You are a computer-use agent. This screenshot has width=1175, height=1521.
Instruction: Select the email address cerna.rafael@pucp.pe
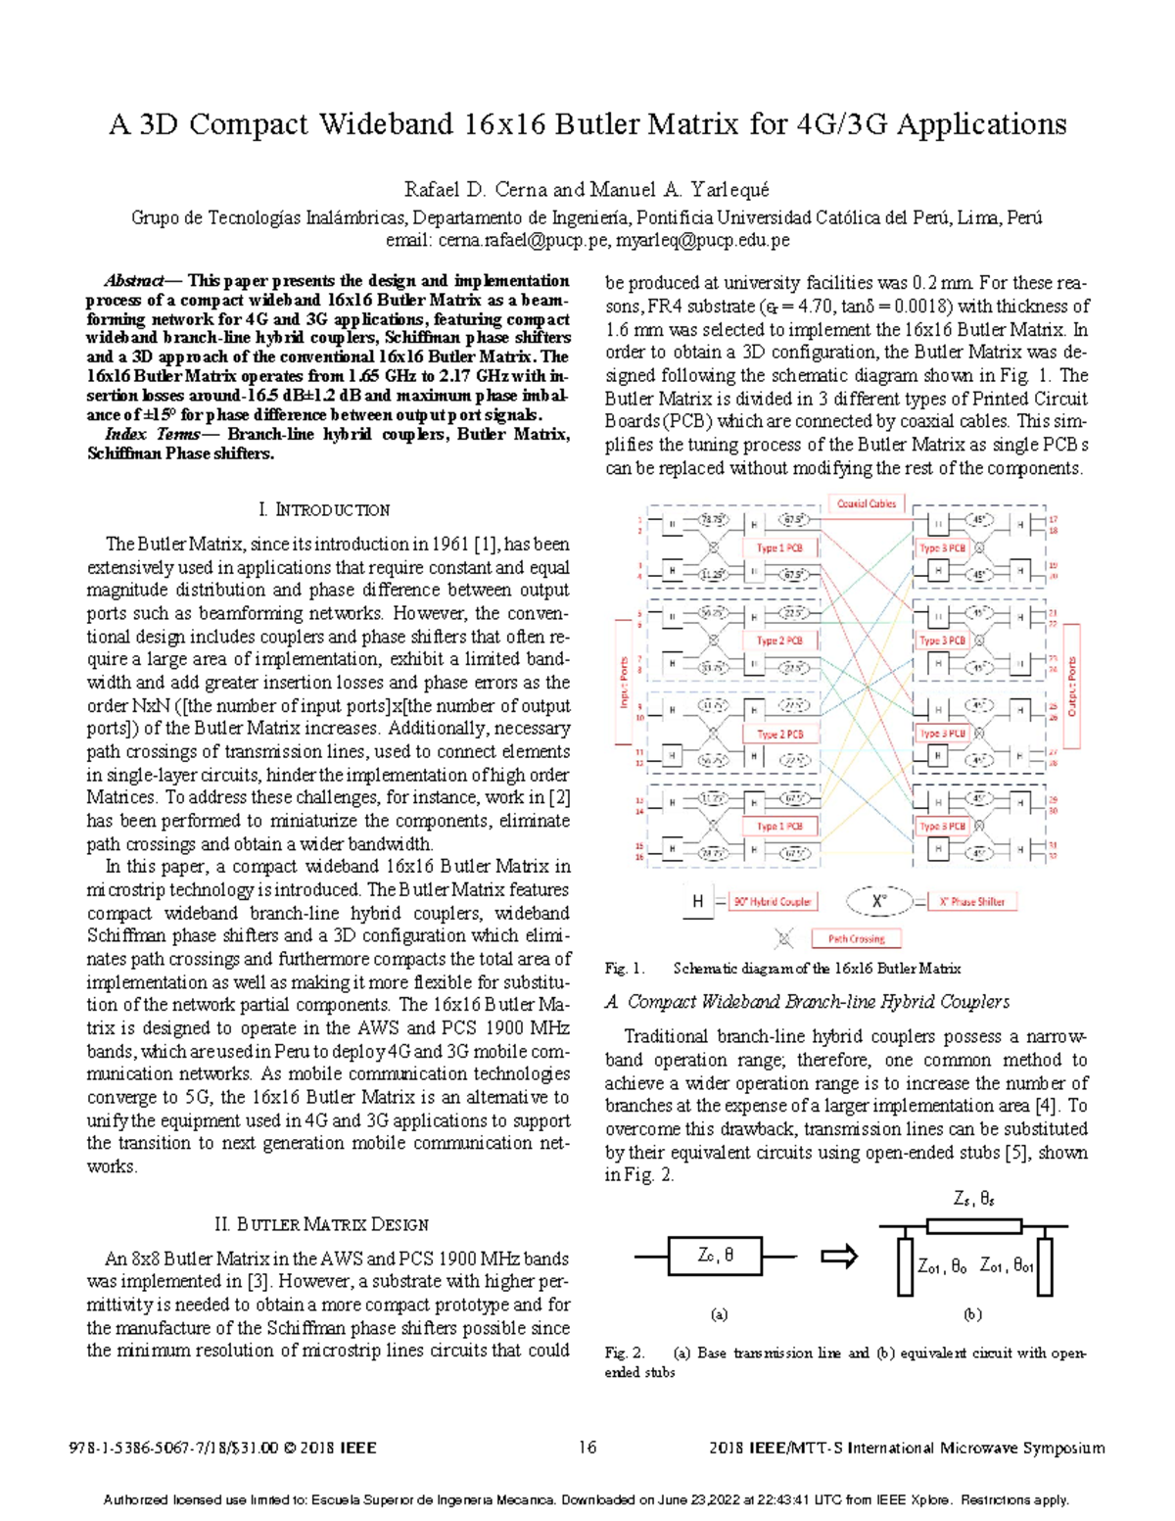[x=524, y=240]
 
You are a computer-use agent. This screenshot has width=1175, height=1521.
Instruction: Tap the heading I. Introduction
[x=324, y=510]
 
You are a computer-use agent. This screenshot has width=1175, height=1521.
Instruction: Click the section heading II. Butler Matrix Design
[x=321, y=1224]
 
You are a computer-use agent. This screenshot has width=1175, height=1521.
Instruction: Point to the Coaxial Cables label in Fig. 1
[x=866, y=503]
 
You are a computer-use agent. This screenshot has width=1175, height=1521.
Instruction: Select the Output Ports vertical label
[x=1072, y=686]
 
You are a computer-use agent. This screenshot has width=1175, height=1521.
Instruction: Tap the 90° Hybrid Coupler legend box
[x=774, y=901]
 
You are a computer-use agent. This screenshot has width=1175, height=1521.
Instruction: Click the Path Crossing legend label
[x=856, y=938]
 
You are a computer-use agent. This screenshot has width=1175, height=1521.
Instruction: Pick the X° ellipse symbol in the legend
[x=879, y=900]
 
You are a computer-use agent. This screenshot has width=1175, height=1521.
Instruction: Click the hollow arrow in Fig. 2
[x=838, y=1256]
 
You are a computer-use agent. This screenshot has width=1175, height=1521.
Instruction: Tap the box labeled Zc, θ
[x=715, y=1256]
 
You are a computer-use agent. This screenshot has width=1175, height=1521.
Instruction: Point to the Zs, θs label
[x=973, y=1198]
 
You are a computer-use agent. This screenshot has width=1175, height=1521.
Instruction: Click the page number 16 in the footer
[x=587, y=1448]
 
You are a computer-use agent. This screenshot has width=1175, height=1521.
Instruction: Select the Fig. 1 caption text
[x=782, y=969]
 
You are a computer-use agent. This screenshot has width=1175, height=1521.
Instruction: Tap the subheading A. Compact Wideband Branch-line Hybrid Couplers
[x=807, y=1002]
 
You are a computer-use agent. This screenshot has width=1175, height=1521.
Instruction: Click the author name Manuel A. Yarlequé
[x=680, y=189]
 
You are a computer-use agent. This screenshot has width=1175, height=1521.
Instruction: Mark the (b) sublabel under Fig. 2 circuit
[x=972, y=1314]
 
